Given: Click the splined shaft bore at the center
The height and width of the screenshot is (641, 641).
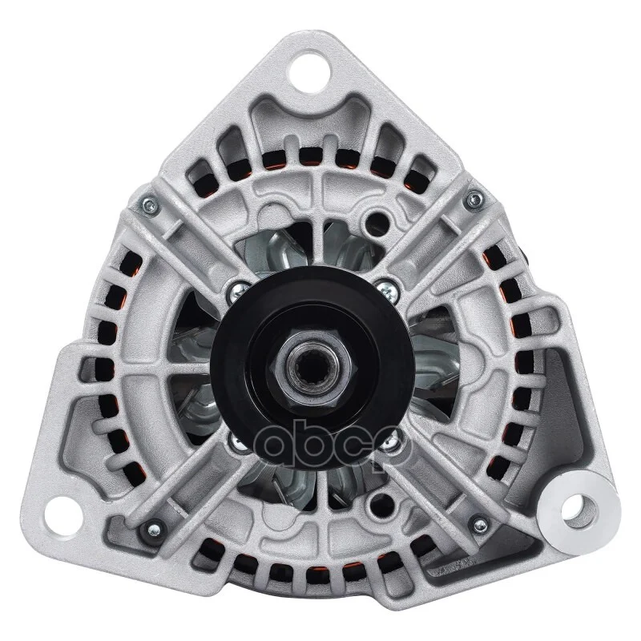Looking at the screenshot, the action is pos(312,369).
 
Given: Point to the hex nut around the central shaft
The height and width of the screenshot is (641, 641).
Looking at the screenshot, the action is pos(312,369).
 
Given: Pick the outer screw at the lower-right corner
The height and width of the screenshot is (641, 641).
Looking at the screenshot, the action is pos(481,526).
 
